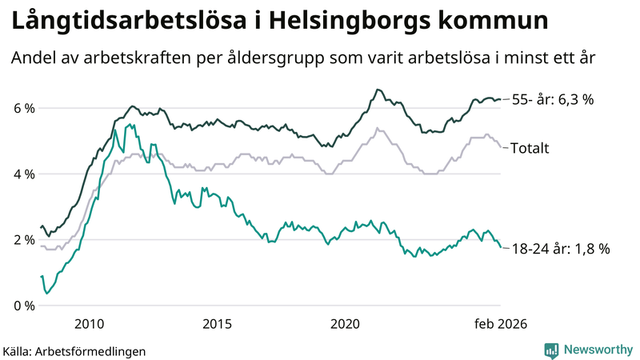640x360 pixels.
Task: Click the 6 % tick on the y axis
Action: pos(24,108)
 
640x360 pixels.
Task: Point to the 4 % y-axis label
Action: pos(24,174)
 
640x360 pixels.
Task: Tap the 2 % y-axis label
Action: pos(24,239)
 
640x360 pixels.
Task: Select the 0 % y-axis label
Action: pos(24,306)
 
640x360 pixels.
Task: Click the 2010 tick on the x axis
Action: pos(89,323)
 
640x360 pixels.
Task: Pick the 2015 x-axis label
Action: pos(217,323)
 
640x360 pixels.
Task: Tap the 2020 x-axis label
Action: pos(346,323)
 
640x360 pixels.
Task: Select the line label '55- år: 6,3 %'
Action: pos(563,100)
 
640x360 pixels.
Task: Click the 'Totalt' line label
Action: pos(529,147)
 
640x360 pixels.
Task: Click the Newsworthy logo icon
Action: pos(551,350)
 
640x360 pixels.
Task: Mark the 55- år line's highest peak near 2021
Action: pos(377,90)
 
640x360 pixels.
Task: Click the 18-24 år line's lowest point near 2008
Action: pos(47,294)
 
